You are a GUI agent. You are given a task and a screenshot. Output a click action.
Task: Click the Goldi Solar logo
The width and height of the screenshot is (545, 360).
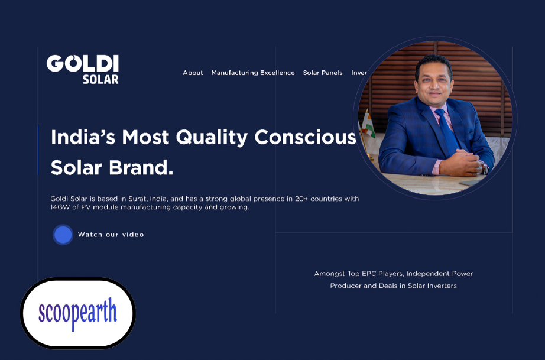[x=83, y=69]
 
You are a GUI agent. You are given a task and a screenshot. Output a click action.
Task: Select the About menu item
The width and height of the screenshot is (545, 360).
[x=193, y=73]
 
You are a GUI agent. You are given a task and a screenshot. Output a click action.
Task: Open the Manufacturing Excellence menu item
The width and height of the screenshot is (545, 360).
[x=253, y=73]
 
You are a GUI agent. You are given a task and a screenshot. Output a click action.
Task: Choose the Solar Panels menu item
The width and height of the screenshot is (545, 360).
[x=323, y=73]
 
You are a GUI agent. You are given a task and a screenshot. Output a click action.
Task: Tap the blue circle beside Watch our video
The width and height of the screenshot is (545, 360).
[x=63, y=235]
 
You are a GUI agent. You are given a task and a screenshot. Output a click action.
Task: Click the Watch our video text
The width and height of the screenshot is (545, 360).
[x=111, y=235]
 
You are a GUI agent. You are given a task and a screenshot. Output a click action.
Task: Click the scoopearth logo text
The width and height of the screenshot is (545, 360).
[x=77, y=313]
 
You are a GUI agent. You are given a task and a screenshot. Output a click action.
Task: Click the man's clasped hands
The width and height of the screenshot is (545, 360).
[x=460, y=163]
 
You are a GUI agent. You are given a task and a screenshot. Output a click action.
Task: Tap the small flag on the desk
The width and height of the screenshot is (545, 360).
[x=367, y=126]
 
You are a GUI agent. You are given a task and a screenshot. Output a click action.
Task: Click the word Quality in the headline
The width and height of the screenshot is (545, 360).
[x=212, y=138]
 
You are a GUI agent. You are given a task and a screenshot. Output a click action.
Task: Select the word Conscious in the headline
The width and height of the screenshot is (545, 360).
[x=305, y=137]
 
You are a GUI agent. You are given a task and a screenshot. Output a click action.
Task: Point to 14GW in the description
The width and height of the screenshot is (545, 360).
[x=60, y=207]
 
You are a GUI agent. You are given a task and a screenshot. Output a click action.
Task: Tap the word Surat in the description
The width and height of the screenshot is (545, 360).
[x=138, y=199]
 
